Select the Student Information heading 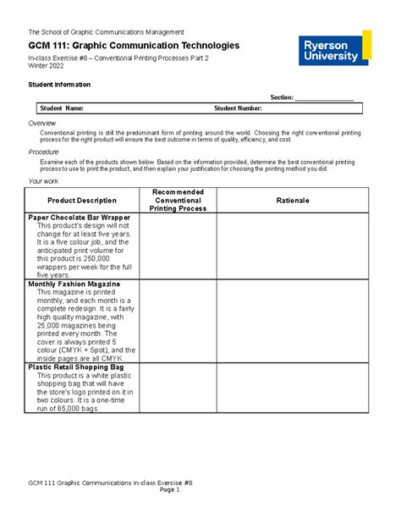coord(60,85)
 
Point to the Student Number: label coord(238,108)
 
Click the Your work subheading coord(44,181)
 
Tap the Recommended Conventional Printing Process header coord(178,200)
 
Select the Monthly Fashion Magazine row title coord(74,284)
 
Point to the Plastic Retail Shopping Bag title coord(76,367)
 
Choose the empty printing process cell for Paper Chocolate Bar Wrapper coord(178,246)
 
